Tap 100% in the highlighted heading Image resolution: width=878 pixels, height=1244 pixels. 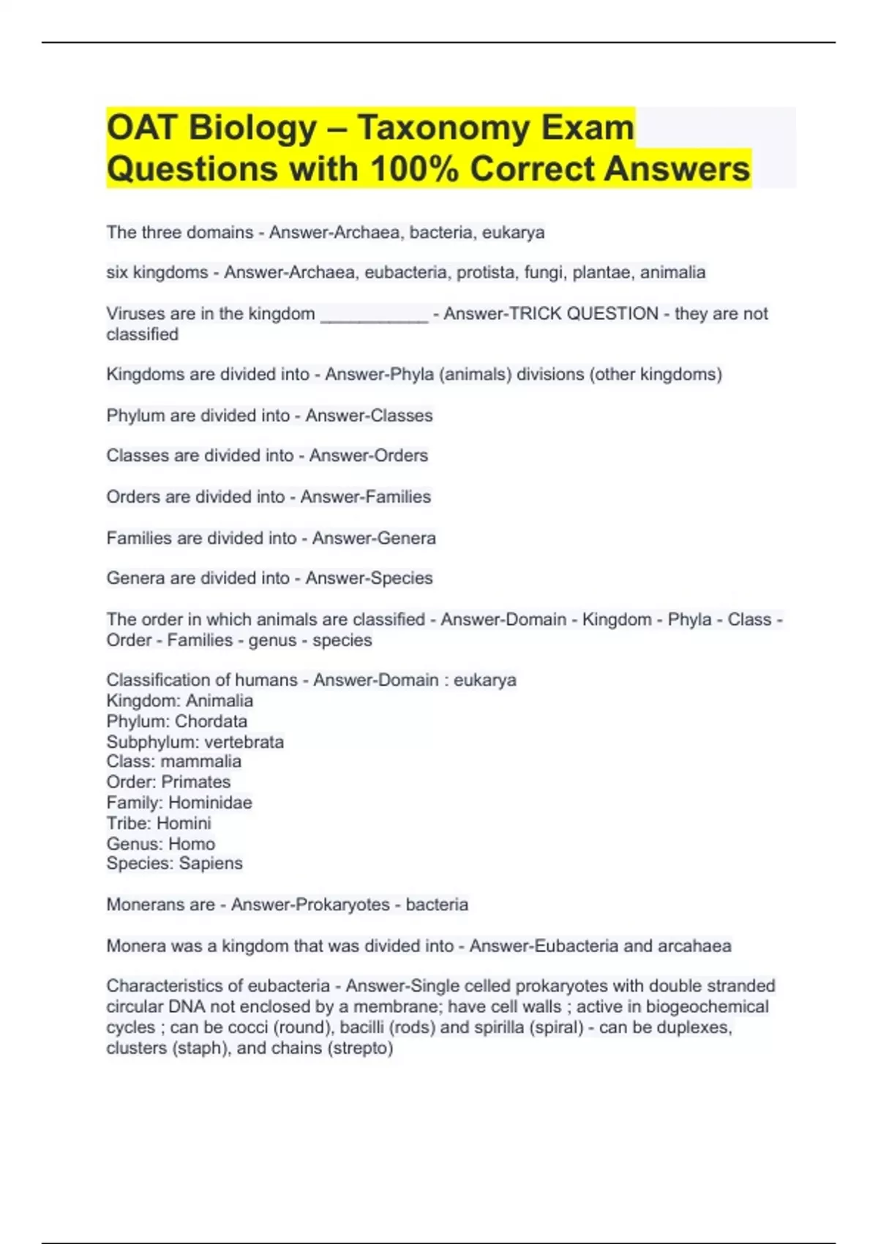pos(414,169)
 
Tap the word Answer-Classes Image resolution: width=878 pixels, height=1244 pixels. pos(369,416)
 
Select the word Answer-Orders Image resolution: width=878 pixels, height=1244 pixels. pos(368,456)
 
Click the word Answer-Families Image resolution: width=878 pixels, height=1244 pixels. pos(365,497)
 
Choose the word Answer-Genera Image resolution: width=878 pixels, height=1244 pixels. pos(374,539)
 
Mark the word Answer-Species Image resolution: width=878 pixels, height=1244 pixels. pos(369,578)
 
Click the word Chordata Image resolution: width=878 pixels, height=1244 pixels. pos(211,722)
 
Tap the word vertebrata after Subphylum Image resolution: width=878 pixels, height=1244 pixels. pos(244,742)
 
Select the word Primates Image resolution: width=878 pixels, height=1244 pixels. pos(195,782)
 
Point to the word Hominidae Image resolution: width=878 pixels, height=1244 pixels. pos(210,803)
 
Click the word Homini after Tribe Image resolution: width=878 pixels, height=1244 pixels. pos(184,823)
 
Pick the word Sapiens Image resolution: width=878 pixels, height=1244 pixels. pos(211,863)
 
